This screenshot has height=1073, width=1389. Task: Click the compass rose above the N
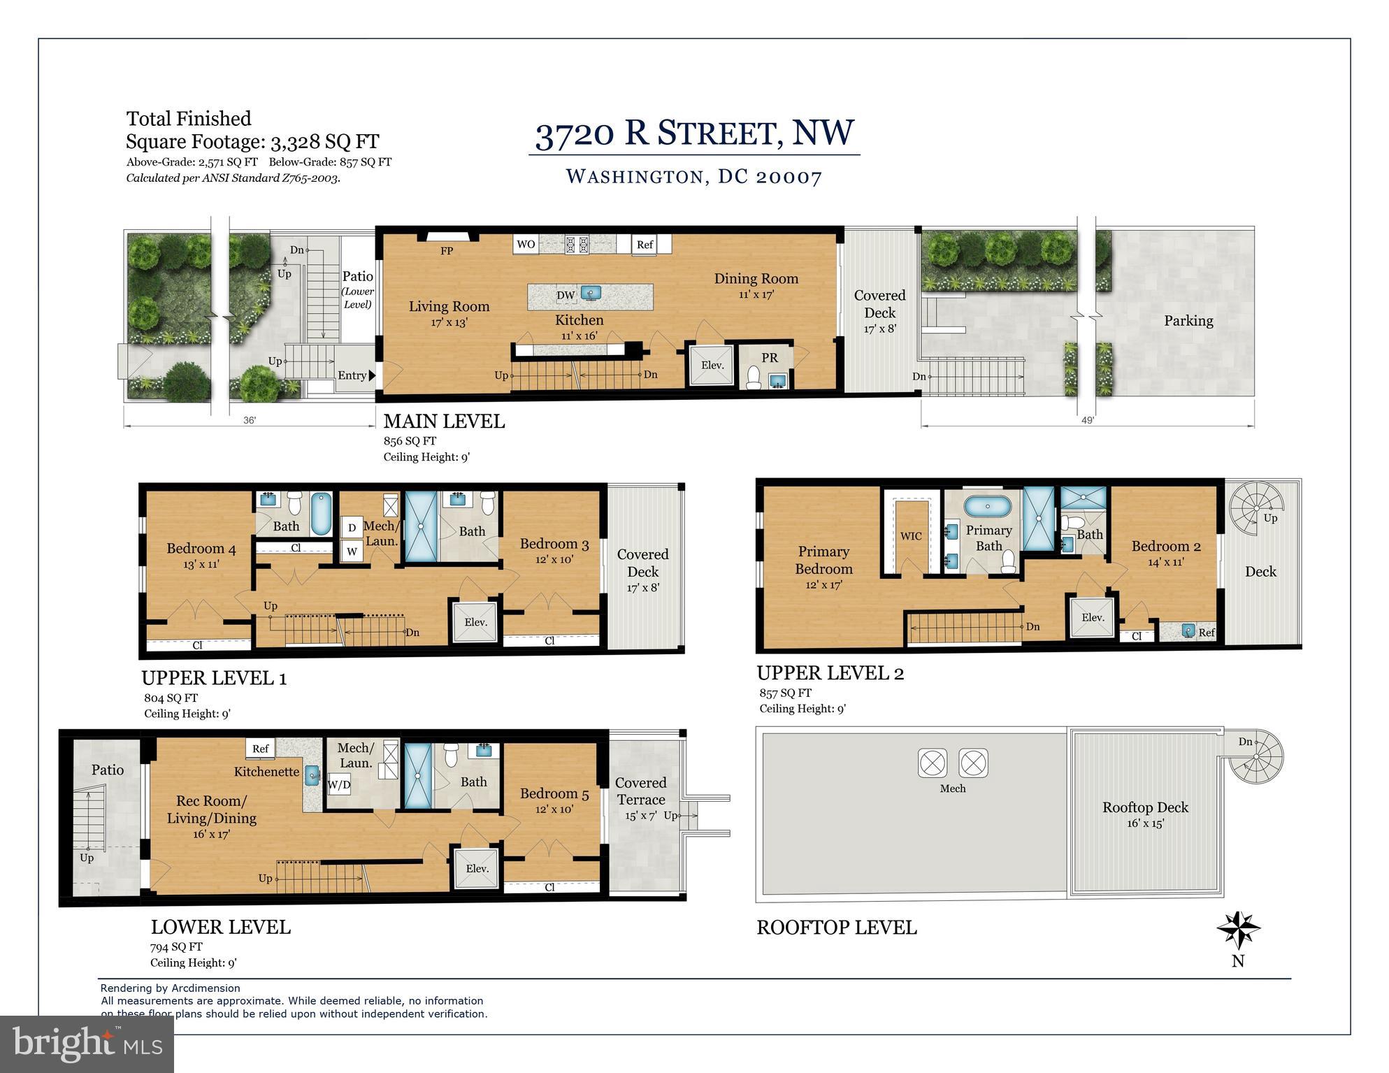[1238, 930]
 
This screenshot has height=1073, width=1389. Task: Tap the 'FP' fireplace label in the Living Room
[447, 251]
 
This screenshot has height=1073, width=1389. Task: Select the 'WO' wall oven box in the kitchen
[526, 244]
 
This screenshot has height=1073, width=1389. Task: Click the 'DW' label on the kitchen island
[566, 296]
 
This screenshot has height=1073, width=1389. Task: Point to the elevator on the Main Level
[712, 365]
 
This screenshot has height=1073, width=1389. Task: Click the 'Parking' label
[1188, 321]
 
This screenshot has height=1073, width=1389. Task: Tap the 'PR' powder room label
[770, 358]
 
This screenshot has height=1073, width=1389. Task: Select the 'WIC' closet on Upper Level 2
[911, 536]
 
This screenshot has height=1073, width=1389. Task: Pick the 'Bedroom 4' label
[201, 549]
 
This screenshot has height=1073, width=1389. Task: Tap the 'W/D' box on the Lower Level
[339, 785]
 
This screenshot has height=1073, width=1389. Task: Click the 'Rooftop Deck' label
[1145, 807]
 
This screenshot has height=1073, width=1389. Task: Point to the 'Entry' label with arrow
[356, 375]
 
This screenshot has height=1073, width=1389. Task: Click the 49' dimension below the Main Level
[1087, 420]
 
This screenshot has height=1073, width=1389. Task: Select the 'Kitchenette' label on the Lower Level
[266, 772]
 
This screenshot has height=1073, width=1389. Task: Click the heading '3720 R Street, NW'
[694, 133]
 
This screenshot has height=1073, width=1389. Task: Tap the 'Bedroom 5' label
[554, 793]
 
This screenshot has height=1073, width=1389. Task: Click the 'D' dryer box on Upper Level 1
[352, 528]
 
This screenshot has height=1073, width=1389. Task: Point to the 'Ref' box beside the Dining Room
[645, 244]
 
